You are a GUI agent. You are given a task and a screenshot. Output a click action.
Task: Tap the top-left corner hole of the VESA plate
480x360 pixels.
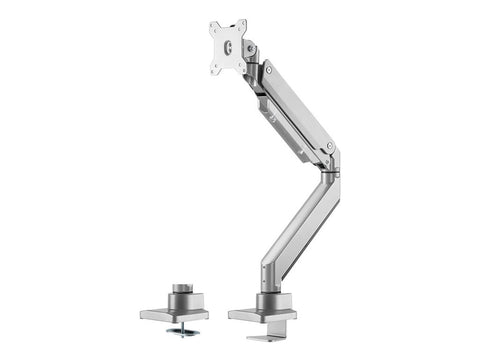[x=214, y=27]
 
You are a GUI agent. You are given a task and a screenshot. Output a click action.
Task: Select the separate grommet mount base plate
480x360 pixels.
[x=181, y=314]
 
